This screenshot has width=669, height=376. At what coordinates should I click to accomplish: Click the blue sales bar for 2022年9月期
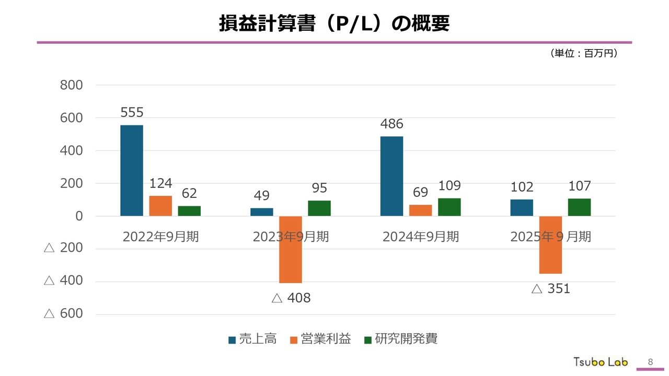point(132,170)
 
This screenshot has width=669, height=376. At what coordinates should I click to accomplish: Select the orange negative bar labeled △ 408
point(291,249)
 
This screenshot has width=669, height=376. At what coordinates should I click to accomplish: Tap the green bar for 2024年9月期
point(449,207)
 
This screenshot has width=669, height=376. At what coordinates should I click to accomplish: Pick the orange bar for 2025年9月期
point(550,244)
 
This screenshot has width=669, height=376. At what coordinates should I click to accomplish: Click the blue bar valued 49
point(262,211)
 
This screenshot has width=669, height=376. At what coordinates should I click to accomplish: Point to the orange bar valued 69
point(421,210)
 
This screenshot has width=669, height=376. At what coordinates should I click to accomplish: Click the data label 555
point(132,112)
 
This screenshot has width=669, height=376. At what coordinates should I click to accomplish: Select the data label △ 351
point(550,288)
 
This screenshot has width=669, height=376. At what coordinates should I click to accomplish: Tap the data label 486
point(391,124)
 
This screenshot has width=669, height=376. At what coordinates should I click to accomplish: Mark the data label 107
point(579,186)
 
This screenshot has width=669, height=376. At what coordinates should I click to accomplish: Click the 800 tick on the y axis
point(72,85)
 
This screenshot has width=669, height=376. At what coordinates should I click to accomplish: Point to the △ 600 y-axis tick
point(64,313)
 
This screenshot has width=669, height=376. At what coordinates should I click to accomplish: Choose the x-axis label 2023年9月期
point(291,237)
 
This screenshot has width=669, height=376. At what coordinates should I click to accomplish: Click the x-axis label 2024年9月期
point(421,237)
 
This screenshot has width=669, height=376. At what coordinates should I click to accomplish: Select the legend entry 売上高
point(253,339)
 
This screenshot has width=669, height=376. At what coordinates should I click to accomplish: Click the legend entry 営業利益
point(320,339)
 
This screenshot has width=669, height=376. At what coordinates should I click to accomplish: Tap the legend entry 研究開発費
point(401,339)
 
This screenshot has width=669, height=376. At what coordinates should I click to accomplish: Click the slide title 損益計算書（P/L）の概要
point(334,23)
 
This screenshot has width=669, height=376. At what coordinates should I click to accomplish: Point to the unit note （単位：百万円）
point(583,53)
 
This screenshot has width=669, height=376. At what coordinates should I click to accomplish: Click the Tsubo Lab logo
point(601,361)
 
